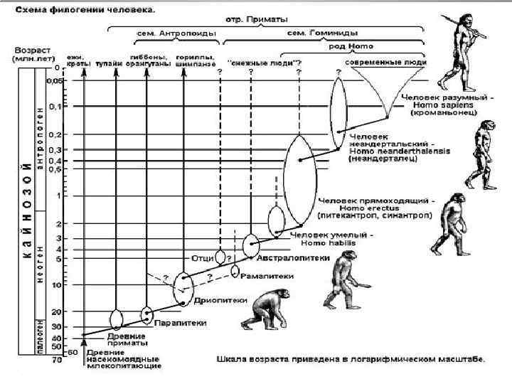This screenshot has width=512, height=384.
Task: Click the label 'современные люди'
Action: pos(386,62)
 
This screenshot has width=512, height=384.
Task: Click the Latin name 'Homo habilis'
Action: pos(328,242)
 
